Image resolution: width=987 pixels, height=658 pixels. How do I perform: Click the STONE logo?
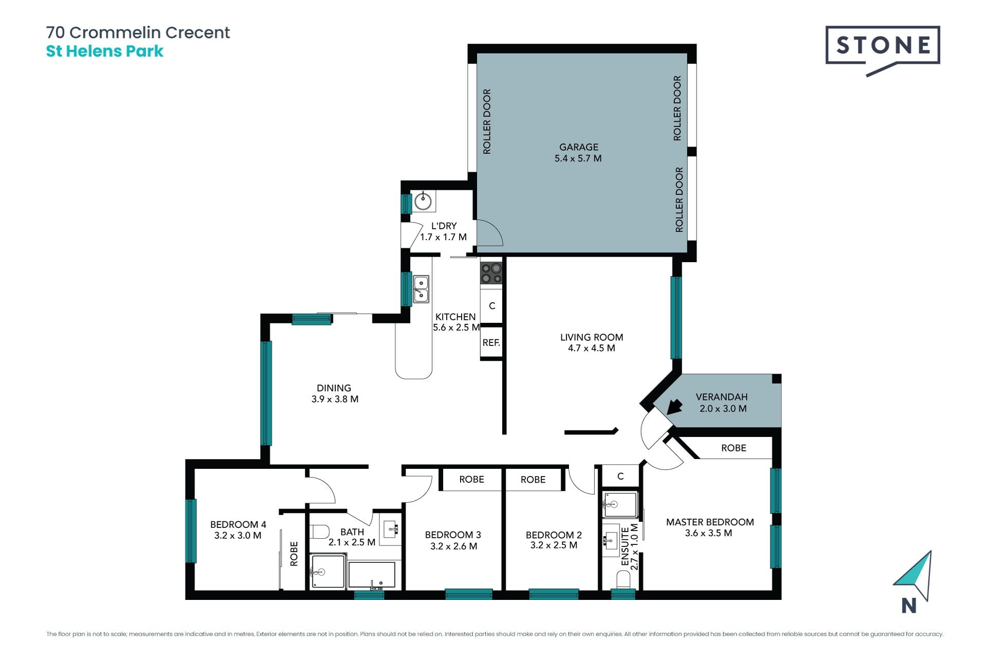pos(883,50)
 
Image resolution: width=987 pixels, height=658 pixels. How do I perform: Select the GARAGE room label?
pos(579,147)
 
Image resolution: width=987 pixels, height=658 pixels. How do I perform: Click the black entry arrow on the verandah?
pos(674,407)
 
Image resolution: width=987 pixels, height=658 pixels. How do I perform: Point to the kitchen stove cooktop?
pos(491,273)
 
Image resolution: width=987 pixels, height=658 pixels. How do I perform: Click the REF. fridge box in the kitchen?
pos(491,342)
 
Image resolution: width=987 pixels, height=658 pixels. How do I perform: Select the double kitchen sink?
pos(421,289)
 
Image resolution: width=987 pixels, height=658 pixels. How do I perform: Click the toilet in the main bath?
pos(319,531)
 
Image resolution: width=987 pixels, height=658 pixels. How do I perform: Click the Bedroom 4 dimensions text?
pos(238,535)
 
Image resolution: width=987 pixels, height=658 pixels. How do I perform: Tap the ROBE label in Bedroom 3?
pos(471,479)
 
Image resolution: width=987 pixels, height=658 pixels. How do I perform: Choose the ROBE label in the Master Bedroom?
pos(734,448)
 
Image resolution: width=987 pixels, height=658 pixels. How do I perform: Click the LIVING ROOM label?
pos(592,337)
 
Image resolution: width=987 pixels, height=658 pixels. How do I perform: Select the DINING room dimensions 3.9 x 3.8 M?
pos(335,399)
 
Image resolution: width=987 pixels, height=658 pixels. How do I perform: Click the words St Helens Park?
pos(105,51)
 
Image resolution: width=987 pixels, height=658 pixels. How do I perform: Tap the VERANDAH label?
pos(722,397)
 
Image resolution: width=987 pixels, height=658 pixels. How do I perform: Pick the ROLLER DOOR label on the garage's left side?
pos(487,121)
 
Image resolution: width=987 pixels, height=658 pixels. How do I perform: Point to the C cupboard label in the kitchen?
pos(492,306)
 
